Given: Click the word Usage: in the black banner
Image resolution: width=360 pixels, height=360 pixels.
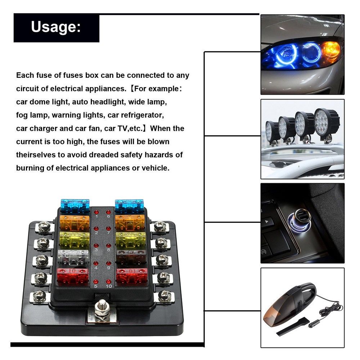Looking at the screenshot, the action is (x=56, y=27).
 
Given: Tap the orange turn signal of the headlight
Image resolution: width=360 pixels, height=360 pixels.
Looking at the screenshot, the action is (x=330, y=51).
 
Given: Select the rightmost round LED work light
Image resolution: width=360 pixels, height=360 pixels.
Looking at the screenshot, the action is (x=326, y=124).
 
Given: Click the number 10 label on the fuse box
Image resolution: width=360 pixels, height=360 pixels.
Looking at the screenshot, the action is (x=109, y=286).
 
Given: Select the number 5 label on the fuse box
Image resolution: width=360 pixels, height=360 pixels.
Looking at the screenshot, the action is (x=96, y=286).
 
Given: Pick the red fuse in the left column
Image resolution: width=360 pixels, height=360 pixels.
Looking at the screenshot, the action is (x=73, y=275).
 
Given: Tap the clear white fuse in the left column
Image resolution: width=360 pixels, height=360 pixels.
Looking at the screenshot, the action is (x=73, y=257).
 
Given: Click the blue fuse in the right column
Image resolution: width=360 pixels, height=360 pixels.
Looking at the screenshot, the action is (x=129, y=206).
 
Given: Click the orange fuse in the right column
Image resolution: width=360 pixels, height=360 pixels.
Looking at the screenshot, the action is (x=130, y=222).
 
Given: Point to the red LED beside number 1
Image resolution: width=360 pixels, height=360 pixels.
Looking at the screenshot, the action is (x=96, y=212).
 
